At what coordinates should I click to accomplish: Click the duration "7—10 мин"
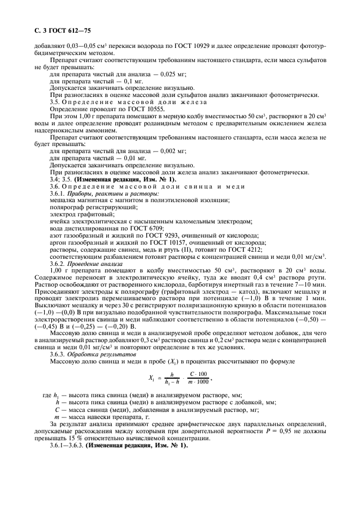(x=322, y=285)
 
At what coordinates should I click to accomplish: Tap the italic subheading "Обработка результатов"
(x=98, y=356)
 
